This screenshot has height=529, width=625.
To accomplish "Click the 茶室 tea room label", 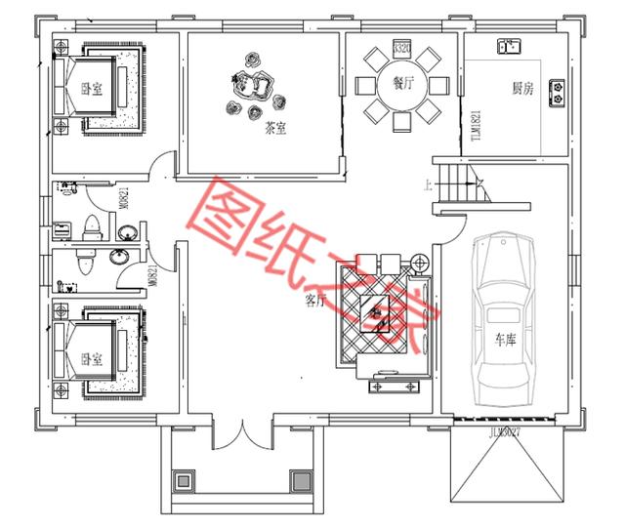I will pyautogui.click(x=274, y=127).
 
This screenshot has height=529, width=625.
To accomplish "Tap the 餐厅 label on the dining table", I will pyautogui.click(x=401, y=84).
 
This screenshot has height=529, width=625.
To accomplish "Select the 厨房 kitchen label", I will pyautogui.click(x=522, y=88).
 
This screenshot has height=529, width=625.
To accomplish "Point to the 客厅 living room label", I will pyautogui.click(x=314, y=301).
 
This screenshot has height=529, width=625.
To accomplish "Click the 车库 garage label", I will pyautogui.click(x=504, y=341).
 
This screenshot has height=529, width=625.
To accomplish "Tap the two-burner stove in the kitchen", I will pyautogui.click(x=558, y=92).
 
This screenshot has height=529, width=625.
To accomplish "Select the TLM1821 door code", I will pyautogui.click(x=477, y=125).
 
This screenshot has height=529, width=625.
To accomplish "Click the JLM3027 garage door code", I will pyautogui.click(x=504, y=429).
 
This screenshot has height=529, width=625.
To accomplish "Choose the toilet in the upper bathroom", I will pyautogui.click(x=93, y=227).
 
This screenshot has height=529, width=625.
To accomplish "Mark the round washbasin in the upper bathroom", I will pyautogui.click(x=128, y=231).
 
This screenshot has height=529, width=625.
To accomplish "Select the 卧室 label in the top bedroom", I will pyautogui.click(x=92, y=89).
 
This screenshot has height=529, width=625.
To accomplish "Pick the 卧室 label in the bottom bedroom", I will pyautogui.click(x=92, y=357).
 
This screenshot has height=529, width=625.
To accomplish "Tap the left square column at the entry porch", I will pyautogui.click(x=183, y=480).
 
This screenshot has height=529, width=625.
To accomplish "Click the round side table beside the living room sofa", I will pyautogui.click(x=421, y=263).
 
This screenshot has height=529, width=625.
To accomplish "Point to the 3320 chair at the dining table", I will pyautogui.click(x=401, y=48).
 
